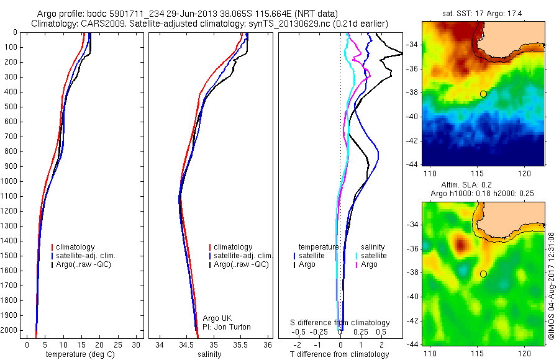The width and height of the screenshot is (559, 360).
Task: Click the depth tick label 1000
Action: point(11,181)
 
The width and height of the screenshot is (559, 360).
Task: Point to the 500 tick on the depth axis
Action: point(12,107)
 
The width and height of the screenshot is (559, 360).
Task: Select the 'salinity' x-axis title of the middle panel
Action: point(209,354)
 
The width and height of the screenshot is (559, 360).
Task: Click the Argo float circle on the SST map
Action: point(483,94)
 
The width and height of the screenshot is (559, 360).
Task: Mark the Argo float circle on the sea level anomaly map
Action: point(483,274)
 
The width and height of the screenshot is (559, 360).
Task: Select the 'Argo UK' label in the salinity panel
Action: point(217,318)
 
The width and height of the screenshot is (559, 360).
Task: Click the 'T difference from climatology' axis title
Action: point(340,354)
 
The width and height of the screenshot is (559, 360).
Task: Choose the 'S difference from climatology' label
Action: point(340,323)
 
